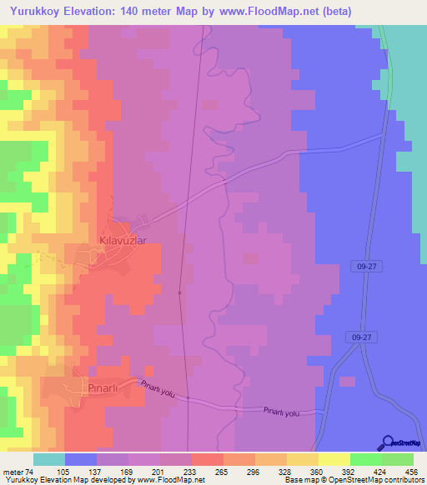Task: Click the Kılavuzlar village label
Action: click(x=123, y=240)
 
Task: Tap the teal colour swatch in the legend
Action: click(x=49, y=459)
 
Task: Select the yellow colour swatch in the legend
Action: click(x=334, y=459)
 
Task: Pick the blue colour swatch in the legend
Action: click(x=81, y=459)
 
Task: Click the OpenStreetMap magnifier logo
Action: click(x=386, y=442)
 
